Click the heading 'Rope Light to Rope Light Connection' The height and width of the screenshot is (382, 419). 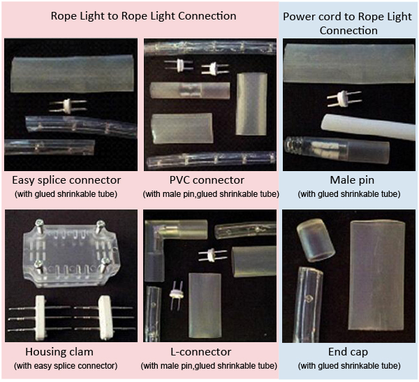pos(143,15)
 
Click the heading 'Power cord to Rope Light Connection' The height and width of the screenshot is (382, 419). pos(348,23)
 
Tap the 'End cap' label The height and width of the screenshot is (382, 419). pos(348,351)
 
